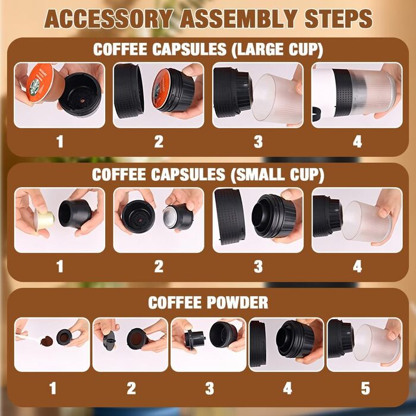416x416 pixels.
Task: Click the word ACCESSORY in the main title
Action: [109, 18]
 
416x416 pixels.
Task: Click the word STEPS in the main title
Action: [339, 18]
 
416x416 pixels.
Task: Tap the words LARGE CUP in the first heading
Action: [277, 49]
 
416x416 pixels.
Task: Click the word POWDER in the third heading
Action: [238, 302]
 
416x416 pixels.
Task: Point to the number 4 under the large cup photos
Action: [357, 141]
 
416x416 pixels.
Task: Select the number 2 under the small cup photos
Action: [159, 266]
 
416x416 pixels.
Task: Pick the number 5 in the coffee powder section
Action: [365, 389]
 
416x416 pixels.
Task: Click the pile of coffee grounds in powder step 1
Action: [47, 341]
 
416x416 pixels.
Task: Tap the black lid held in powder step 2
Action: [109, 341]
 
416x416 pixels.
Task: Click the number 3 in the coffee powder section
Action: [210, 389]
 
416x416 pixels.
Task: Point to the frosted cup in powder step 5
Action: [377, 344]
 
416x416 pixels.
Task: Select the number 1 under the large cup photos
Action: [60, 141]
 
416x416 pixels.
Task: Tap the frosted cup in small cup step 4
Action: [367, 223]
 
